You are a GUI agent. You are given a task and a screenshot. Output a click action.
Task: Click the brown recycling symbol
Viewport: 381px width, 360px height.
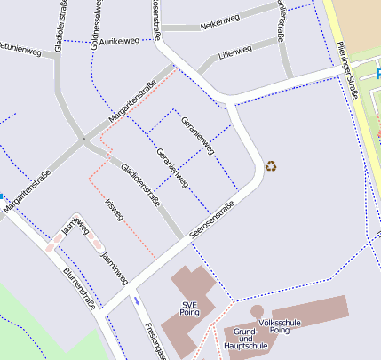pos(272,164)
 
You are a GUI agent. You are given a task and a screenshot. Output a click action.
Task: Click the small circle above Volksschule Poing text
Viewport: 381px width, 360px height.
pos(257,312)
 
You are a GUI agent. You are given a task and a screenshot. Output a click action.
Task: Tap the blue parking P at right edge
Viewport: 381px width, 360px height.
pos(377,73)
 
